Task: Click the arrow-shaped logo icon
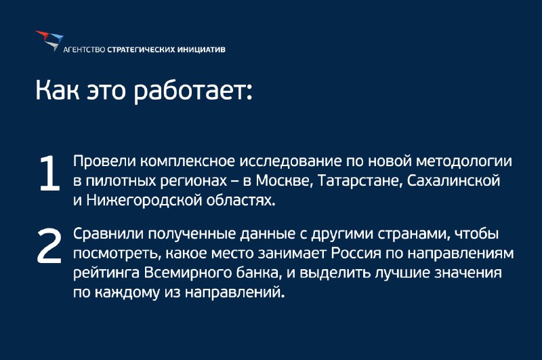tap(49, 41)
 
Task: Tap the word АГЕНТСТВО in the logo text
tap(84, 49)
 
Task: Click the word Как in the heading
tap(58, 90)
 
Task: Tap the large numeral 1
tap(49, 173)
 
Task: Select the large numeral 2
tap(49, 246)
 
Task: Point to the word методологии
tap(464, 161)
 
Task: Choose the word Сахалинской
tap(453, 181)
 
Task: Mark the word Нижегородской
tap(144, 201)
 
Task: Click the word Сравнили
tap(108, 234)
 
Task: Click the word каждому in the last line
tap(127, 293)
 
